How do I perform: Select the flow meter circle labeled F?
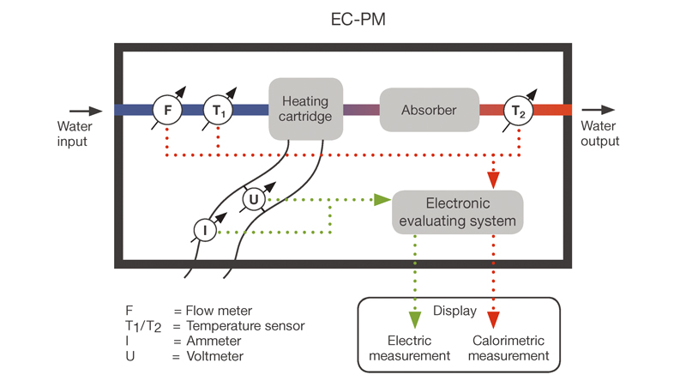tap(168, 110)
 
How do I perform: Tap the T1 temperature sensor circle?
tap(218, 110)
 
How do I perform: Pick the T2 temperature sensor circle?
tap(515, 110)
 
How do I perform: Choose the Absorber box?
tap(429, 110)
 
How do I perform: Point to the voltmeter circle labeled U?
tap(254, 200)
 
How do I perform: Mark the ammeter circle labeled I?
tap(205, 229)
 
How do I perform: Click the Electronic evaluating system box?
tap(458, 212)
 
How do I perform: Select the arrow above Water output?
tap(597, 110)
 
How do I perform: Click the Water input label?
tap(73, 134)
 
